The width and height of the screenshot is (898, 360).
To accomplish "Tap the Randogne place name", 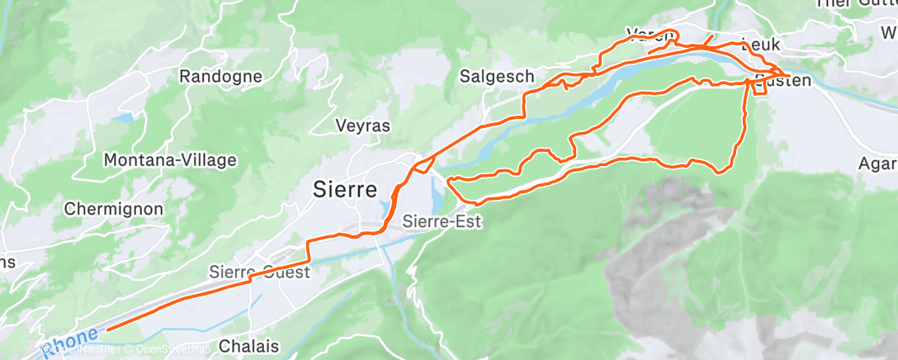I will (x=220, y=77).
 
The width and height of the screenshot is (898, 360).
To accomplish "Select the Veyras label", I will (x=362, y=126).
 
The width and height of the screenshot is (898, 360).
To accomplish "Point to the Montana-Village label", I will (x=170, y=160).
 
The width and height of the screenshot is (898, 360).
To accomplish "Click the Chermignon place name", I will (x=113, y=209).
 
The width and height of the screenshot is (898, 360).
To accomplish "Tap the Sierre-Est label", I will (x=442, y=221).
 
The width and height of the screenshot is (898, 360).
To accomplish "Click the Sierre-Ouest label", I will (x=259, y=272).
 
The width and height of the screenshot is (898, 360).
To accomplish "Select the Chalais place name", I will (x=249, y=345).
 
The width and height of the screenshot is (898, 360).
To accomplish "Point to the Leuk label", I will (x=760, y=45).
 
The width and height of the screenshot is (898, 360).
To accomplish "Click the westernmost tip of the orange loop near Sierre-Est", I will (x=448, y=180).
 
